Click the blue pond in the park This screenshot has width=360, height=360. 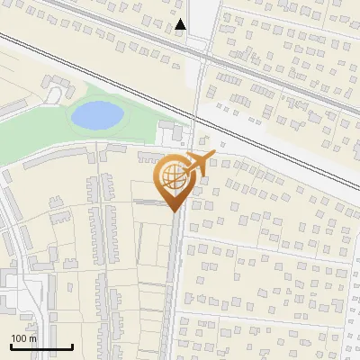coord(96,114)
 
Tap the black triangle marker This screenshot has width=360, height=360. coord(181,24)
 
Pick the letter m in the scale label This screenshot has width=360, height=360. coord(32,338)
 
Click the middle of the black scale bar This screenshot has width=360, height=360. coord(41,346)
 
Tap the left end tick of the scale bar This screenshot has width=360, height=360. coord(11,345)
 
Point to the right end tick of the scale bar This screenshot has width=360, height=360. coord(72,345)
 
